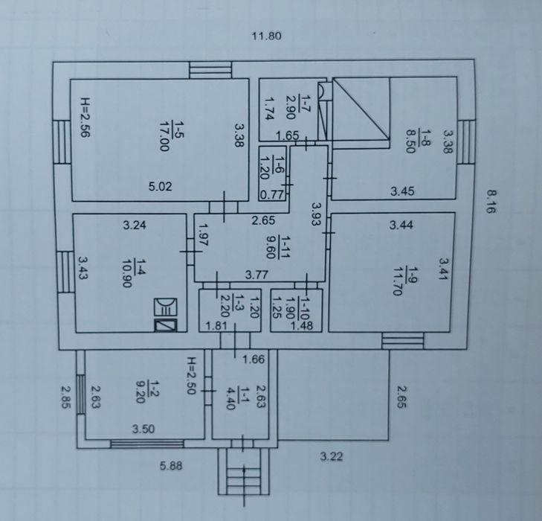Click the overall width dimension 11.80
[266, 36]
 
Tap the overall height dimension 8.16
[491, 202]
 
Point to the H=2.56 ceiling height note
[85, 118]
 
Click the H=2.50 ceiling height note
[191, 376]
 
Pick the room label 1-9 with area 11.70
[402, 281]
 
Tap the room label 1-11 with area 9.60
[277, 246]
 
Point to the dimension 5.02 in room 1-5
[160, 187]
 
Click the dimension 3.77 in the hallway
[257, 275]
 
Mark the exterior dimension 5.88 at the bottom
[171, 466]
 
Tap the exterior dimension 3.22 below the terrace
[331, 457]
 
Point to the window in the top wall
[210, 70]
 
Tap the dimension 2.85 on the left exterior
[65, 397]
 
